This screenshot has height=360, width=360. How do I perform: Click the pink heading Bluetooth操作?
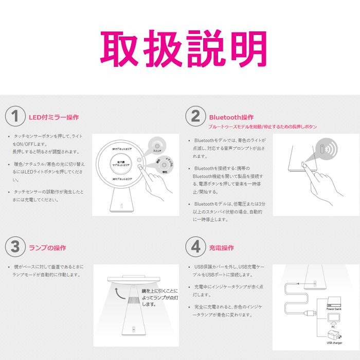coord(231,117)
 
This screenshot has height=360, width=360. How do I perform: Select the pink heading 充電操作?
coord(222,247)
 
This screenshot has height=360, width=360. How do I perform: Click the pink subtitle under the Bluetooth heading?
coord(262,127)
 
